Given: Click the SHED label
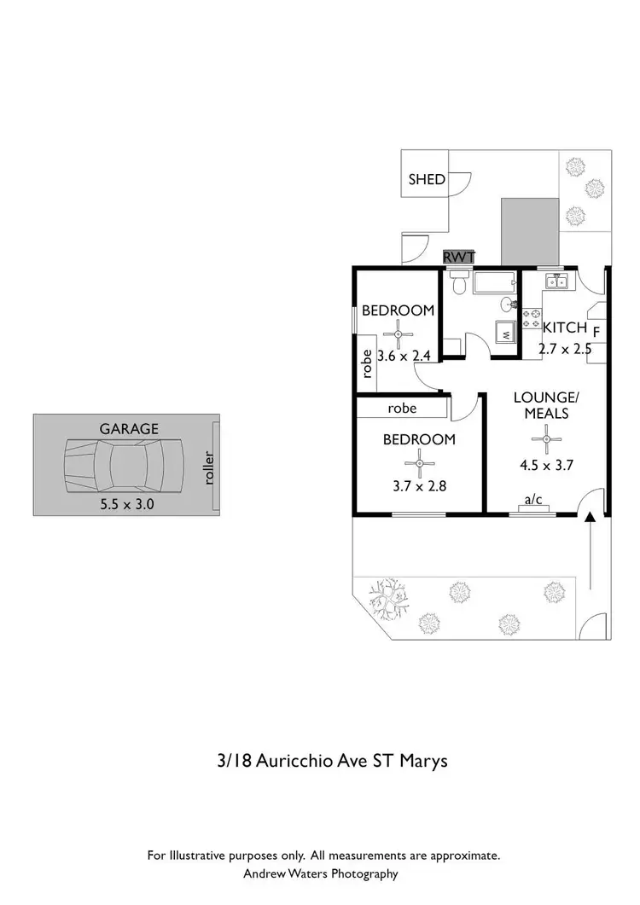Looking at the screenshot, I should [427, 179].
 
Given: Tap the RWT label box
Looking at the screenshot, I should [458, 257].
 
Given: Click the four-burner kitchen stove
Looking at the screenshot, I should [531, 320].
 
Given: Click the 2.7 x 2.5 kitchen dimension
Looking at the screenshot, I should [565, 348].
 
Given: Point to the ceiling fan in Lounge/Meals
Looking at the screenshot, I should [546, 439].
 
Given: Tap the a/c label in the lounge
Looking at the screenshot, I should [533, 500].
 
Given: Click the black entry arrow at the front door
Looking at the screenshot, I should [590, 518].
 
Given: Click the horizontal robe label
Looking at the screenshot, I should [402, 409].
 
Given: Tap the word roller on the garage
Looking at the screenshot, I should [209, 467].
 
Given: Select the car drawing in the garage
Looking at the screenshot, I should [125, 466].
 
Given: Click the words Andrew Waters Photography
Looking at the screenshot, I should [320, 873].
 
